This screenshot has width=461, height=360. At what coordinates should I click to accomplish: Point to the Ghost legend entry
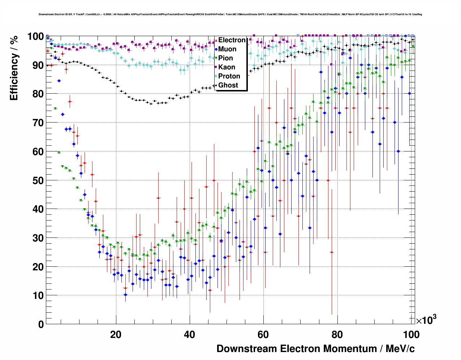[228, 85]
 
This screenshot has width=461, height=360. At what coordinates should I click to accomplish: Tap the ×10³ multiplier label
[426, 320]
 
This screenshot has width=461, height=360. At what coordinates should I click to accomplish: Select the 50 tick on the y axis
[38, 180]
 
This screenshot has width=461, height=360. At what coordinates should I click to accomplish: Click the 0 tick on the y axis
[41, 324]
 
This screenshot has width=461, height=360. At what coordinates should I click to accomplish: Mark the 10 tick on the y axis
[38, 296]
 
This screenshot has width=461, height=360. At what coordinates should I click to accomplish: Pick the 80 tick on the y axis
[38, 94]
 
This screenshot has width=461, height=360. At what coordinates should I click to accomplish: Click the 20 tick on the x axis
[116, 335]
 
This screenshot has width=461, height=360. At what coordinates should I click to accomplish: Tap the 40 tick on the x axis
[190, 335]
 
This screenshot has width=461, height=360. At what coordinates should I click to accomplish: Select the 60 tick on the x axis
[263, 335]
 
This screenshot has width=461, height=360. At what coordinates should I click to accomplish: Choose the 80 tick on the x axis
[337, 335]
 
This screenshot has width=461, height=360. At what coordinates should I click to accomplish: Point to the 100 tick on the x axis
[411, 335]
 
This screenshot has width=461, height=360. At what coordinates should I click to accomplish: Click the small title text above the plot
[230, 14]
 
